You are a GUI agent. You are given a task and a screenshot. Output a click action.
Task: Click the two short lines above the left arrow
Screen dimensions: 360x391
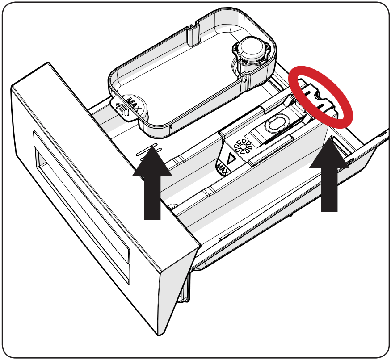click(x=147, y=150)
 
